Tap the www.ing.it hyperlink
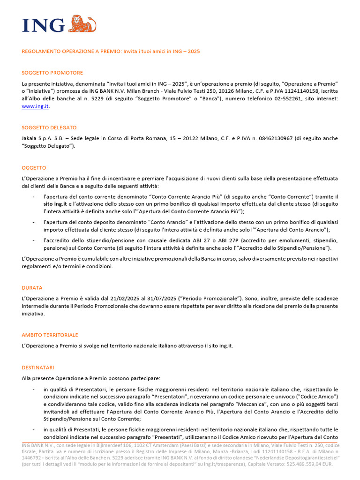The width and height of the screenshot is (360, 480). [35, 106]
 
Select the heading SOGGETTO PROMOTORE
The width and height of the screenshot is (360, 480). [52, 73]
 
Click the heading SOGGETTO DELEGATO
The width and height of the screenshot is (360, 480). [49, 127]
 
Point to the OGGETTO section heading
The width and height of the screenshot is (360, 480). [34, 167]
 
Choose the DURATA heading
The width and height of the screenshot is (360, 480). [32, 287]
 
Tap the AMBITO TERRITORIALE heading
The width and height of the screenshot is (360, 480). [50, 335]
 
